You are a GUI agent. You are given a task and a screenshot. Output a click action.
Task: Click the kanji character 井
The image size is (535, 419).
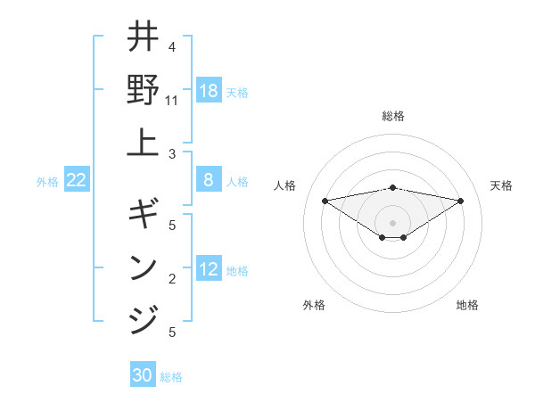(143, 38)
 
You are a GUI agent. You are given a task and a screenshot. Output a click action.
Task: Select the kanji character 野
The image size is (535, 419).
(143, 89)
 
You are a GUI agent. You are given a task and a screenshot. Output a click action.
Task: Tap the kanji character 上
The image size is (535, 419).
(143, 143)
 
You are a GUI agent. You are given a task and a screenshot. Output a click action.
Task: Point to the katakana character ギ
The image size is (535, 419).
(143, 214)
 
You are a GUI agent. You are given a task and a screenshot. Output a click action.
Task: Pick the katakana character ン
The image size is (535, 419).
(143, 267)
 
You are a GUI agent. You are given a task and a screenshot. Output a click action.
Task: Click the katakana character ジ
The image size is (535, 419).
(143, 318)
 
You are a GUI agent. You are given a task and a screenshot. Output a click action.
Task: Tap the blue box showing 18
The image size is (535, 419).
(209, 91)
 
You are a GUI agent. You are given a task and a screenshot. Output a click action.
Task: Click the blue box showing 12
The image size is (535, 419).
(209, 270)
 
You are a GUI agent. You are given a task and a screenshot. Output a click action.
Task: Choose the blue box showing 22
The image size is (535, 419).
(77, 181)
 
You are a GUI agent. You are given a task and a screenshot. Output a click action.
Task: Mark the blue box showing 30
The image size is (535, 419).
(143, 376)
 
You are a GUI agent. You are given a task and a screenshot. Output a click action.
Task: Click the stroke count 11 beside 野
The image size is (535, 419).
(172, 101)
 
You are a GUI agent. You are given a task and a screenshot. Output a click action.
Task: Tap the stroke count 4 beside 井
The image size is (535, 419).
(172, 47)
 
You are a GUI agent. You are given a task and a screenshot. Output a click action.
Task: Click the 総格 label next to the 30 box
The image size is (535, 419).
(171, 377)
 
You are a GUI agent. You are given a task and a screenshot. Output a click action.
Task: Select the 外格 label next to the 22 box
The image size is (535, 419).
(47, 182)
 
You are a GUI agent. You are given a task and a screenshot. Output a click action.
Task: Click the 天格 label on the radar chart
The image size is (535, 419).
(501, 185)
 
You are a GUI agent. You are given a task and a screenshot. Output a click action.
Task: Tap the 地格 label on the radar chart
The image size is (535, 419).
(467, 305)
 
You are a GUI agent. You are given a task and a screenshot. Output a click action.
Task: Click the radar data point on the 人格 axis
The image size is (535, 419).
(325, 201)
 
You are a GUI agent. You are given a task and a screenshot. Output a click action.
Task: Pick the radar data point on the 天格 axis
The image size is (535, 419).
(460, 201)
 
